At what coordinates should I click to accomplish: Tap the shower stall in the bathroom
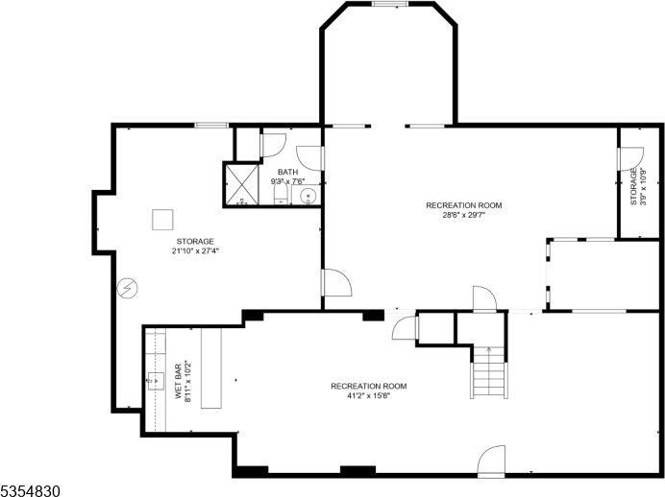pos(239,185)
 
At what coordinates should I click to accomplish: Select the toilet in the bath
pos(281,196)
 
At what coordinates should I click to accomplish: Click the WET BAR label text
pos(179,382)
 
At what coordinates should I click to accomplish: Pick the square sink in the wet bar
pos(155,381)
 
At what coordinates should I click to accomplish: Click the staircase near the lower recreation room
pos(487,372)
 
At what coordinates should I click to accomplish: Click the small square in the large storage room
pos(162,219)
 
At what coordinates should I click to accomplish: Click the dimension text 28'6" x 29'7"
pos(464,215)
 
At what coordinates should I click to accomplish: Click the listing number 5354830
pos(32,489)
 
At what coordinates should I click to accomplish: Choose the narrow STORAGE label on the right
pos(633,186)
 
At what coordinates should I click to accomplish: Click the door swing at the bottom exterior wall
pos(492,460)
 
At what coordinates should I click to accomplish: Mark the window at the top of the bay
pos(386,4)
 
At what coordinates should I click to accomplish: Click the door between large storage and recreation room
pos(336,283)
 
